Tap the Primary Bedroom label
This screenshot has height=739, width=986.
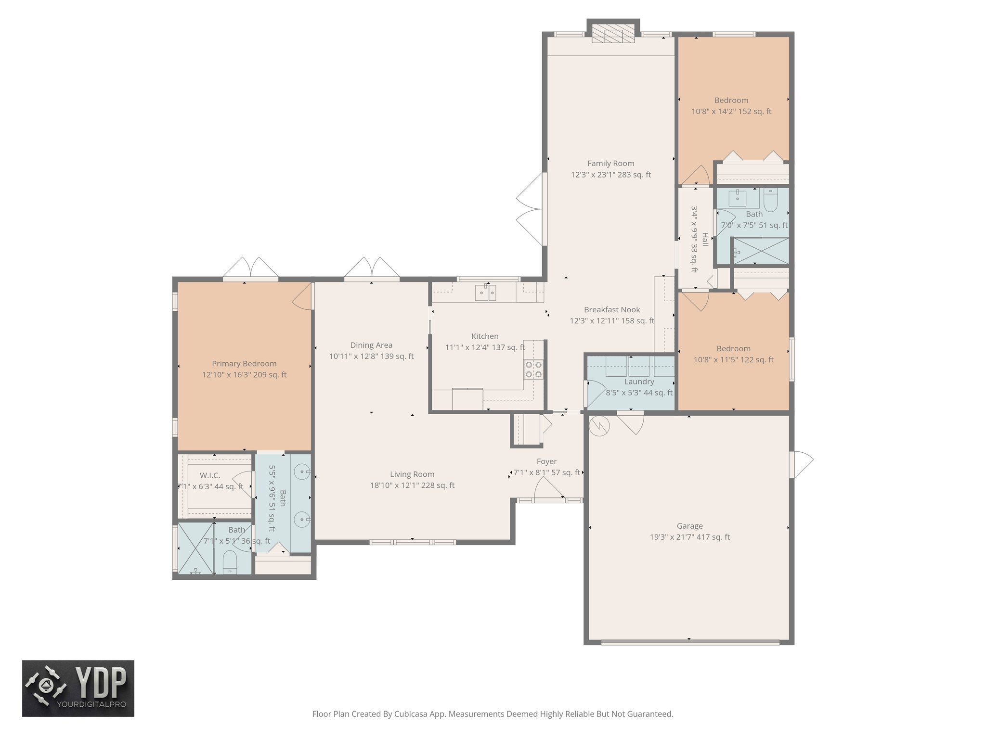tap(244, 364)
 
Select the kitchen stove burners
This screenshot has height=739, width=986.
tap(533, 369)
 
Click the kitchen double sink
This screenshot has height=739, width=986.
tap(486, 292)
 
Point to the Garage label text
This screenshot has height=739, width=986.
tap(689, 526)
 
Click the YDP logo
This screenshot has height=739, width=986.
tap(78, 688)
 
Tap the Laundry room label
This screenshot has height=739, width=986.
tap(639, 382)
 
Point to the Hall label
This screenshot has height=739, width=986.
tap(705, 239)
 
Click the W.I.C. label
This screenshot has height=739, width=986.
tap(210, 475)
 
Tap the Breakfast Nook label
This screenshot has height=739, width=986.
tap(612, 310)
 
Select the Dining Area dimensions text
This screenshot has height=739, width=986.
tap(371, 357)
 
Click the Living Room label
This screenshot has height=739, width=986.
tap(412, 474)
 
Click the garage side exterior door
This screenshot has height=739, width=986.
tap(801, 464)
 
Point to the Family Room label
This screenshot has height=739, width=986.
tap(610, 164)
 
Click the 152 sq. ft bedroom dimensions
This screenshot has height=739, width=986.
tap(731, 112)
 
